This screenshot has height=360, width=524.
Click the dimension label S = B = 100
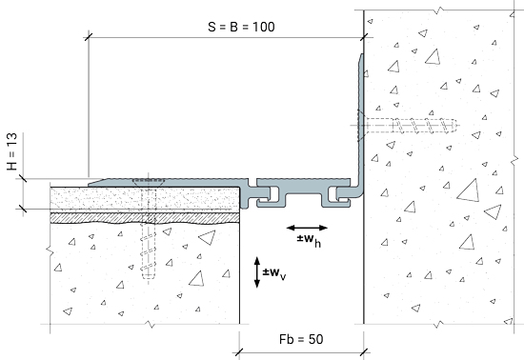pos(241,27)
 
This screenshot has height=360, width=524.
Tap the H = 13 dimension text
pos(11,151)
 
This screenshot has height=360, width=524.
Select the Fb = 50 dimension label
pos(301,339)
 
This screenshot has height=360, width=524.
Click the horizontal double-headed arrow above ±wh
pos(307,228)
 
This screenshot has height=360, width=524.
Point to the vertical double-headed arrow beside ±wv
pos(257,272)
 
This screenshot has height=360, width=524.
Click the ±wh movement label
pos(309,240)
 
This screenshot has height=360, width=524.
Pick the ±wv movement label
pos(274,273)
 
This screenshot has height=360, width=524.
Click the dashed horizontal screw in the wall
pos(409,126)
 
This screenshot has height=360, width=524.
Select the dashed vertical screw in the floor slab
pos(149,233)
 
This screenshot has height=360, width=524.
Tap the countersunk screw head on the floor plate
pos(149,182)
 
